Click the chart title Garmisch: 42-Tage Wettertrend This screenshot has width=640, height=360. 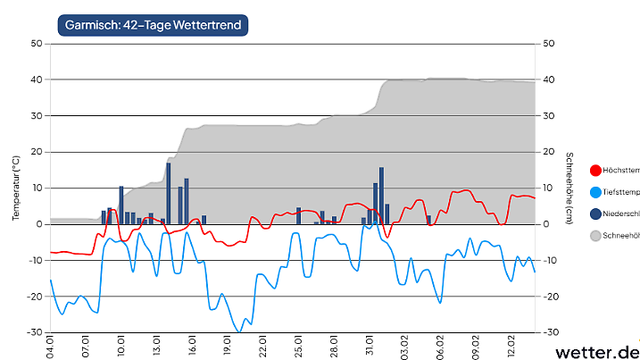tap(153, 25)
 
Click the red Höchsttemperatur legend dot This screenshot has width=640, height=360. tap(595, 170)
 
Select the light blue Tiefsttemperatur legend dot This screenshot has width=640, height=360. tap(595, 192)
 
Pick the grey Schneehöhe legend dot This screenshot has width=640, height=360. tap(595, 236)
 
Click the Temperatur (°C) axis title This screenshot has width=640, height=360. tap(15, 188)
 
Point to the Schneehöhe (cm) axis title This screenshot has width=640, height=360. tap(569, 188)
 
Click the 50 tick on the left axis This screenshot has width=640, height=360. tap(36, 43)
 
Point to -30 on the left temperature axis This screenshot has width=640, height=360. tap(34, 332)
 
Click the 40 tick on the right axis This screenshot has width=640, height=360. tap(549, 80)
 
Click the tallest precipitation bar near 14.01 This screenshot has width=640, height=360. tap(168, 193)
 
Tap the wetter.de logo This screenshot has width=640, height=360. tap(598, 351)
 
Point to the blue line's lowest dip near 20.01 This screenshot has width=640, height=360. tap(238, 331)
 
